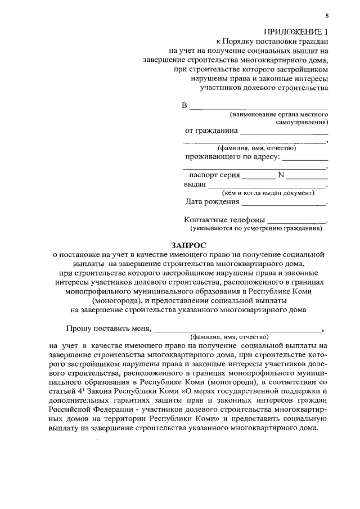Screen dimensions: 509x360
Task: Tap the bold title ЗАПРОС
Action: (x=188, y=245)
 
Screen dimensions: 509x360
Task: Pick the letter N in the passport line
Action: (x=282, y=175)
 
